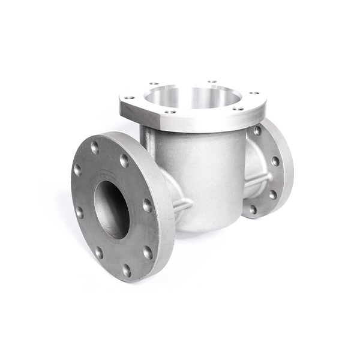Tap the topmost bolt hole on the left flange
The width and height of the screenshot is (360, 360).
click(95, 147)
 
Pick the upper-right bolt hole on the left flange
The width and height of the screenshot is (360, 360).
click(124, 161)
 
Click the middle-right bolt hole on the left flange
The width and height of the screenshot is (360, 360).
click(147, 206)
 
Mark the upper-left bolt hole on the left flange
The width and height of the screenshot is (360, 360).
click(77, 170)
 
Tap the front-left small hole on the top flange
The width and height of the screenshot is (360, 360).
click(170, 111)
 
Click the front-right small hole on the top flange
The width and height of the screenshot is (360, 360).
click(238, 109)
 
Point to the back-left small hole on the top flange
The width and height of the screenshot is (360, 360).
click(154, 83)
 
